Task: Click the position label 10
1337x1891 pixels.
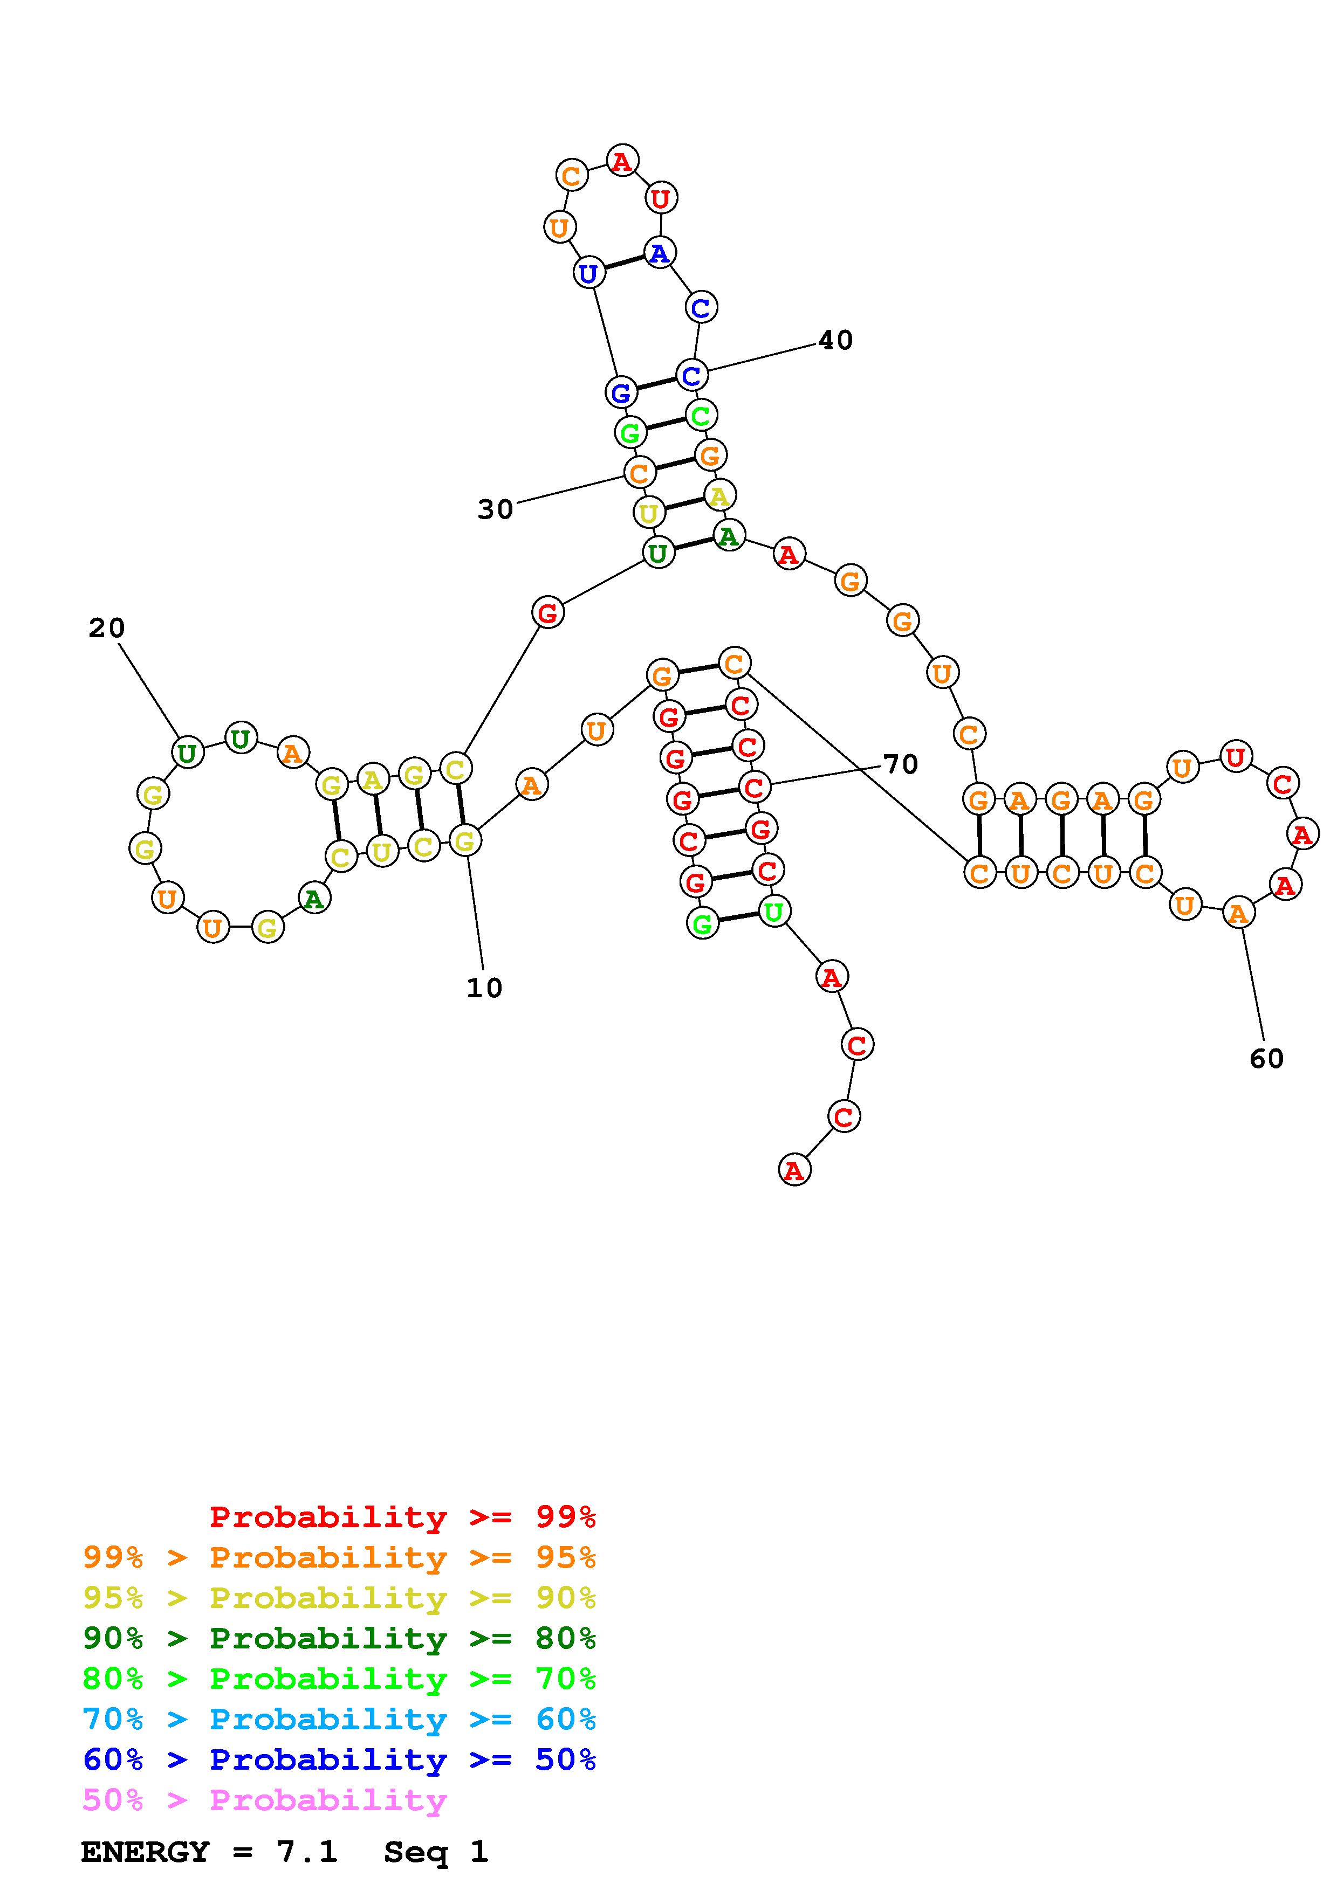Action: [484, 988]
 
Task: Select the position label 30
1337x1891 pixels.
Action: [495, 510]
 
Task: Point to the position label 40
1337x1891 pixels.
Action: [835, 340]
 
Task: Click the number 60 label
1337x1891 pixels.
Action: [1266, 1058]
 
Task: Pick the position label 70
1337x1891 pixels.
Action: [900, 764]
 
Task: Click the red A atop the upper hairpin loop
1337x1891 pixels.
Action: [622, 161]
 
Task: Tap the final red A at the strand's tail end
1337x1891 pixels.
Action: [794, 1170]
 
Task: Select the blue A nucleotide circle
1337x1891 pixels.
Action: [659, 253]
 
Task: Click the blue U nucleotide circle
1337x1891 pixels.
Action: [588, 273]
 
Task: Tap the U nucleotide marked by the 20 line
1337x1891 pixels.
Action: [188, 752]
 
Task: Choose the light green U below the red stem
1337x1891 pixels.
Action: [773, 911]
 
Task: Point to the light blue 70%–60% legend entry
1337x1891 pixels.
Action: [339, 1719]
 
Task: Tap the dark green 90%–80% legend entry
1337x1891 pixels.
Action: [339, 1638]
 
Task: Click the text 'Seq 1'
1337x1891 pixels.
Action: [436, 1852]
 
